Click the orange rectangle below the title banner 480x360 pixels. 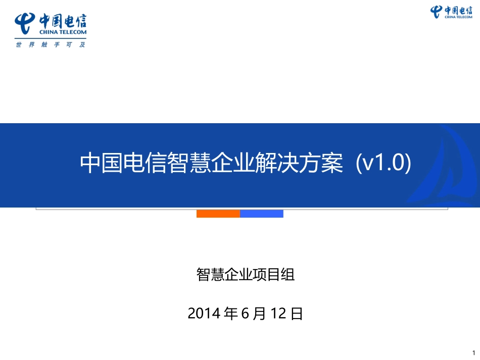[x=218, y=214]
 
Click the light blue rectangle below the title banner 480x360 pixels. [x=261, y=214]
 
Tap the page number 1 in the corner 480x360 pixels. [x=473, y=352]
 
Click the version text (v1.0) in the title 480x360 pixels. [x=384, y=163]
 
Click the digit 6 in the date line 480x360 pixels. [x=245, y=314]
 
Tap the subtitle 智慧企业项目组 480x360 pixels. [x=245, y=275]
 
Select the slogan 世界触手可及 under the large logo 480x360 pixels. [x=51, y=44]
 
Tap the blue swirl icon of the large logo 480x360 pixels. [x=25, y=23]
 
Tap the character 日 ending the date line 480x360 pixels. [x=297, y=314]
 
